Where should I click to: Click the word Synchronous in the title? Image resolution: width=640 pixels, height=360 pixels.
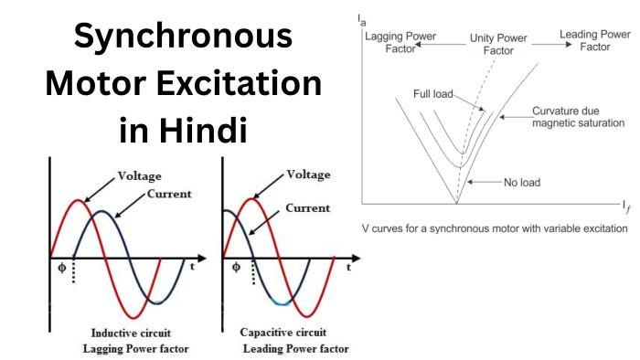[x=183, y=38]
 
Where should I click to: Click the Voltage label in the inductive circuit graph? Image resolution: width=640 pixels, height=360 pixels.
[x=140, y=175]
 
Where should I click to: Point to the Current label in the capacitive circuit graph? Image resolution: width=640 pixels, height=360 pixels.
[x=307, y=208]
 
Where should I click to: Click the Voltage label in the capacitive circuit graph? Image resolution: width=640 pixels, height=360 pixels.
[x=308, y=174]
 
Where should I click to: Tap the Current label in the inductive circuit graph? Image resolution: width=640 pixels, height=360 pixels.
[x=169, y=194]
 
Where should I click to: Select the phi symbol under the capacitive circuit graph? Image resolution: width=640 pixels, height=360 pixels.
[x=237, y=268]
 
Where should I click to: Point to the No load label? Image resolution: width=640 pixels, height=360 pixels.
[x=522, y=182]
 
